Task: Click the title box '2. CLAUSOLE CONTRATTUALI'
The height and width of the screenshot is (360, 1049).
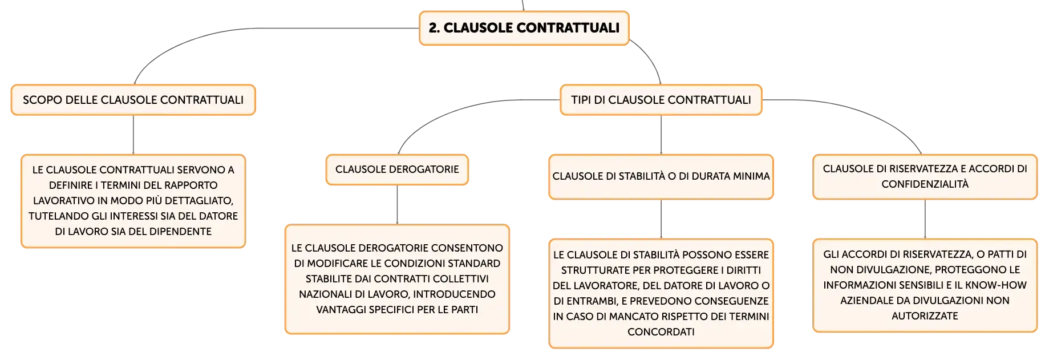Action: pos(524,28)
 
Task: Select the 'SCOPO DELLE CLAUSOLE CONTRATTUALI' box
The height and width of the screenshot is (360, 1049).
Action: pos(133,100)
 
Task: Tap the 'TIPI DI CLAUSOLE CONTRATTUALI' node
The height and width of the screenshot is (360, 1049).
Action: pos(661,100)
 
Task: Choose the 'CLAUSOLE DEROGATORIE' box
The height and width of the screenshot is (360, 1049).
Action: pos(397,169)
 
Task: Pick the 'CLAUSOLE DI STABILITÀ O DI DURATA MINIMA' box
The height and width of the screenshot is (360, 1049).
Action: pos(661,177)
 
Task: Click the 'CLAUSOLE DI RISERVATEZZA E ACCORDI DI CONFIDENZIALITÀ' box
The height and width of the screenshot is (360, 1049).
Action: pos(925,177)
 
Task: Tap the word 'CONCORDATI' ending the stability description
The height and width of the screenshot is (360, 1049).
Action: pos(661,332)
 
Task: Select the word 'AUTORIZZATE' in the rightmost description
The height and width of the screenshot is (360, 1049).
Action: pos(925,316)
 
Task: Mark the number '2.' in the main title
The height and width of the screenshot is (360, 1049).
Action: pos(434,28)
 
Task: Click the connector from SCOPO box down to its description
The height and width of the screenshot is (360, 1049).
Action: pos(133,135)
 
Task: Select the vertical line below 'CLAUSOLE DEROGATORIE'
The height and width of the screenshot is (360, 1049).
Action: pos(397,204)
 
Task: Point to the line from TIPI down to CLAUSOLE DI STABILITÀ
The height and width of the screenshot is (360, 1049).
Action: pos(661,135)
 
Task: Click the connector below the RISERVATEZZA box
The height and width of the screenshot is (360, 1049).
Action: pos(925,219)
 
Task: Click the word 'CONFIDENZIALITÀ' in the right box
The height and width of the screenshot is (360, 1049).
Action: pos(925,184)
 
